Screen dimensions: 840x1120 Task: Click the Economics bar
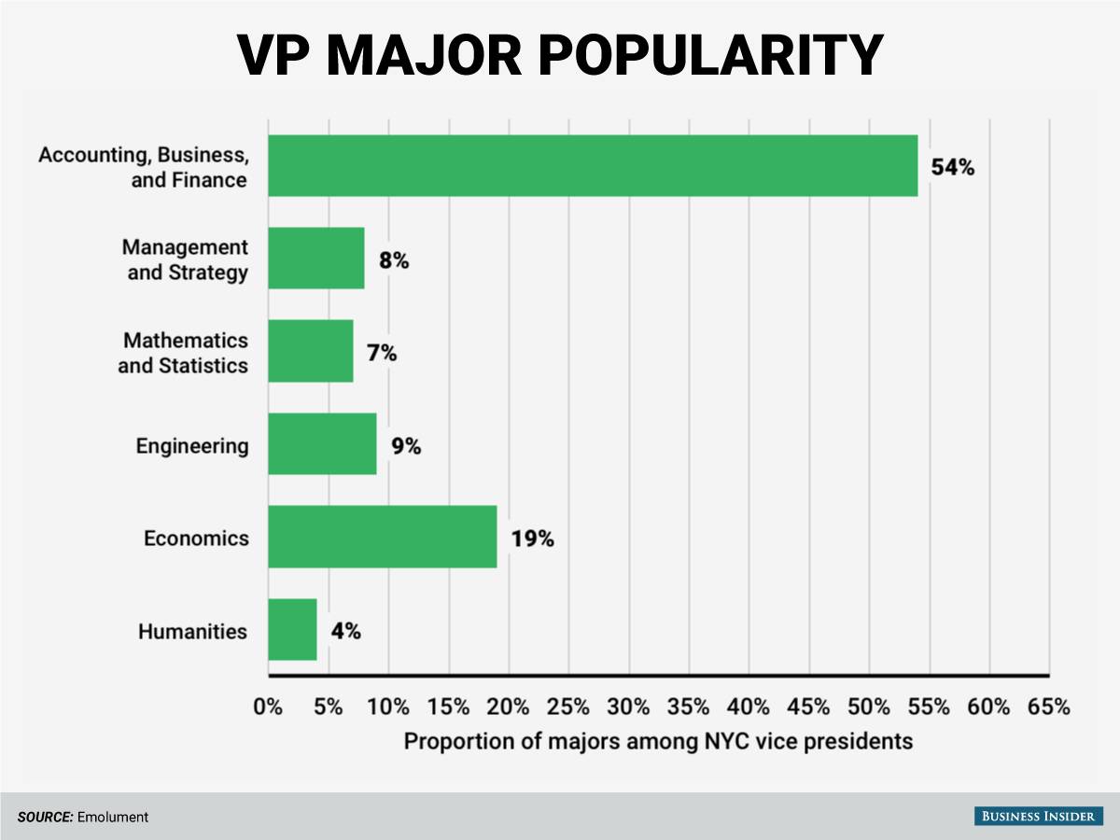tap(382, 537)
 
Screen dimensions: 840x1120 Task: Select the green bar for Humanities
tap(292, 630)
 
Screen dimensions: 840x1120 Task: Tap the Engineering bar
tap(322, 444)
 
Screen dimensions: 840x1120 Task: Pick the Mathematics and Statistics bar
tap(310, 351)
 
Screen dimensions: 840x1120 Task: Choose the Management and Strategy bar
tap(315, 259)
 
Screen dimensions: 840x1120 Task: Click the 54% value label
tap(952, 168)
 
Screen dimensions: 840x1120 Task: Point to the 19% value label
tap(532, 539)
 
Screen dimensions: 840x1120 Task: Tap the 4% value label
tap(345, 631)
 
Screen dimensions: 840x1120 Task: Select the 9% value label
tap(406, 446)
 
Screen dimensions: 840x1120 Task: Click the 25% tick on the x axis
tap(568, 707)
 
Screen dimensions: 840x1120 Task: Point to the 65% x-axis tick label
tap(1048, 707)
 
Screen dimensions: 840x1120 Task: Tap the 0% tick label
tap(268, 707)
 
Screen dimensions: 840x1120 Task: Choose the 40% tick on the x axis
tap(749, 707)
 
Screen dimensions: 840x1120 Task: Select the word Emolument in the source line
tap(113, 817)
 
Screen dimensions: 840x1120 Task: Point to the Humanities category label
tap(192, 632)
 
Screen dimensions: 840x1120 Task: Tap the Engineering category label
tap(192, 446)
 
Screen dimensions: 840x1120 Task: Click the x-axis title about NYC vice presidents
tap(657, 742)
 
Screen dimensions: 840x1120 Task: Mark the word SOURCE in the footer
tap(45, 817)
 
